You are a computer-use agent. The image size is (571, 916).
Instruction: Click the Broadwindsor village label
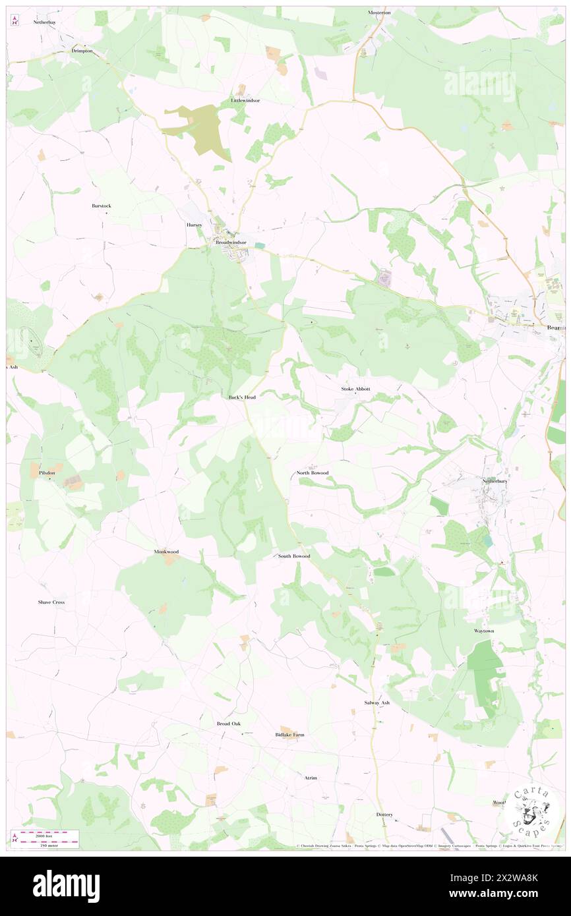point(231,243)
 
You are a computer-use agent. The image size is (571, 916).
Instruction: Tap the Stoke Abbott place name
point(355,389)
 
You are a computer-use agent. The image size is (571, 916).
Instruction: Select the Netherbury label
point(493,481)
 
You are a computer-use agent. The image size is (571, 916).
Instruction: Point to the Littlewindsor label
point(245,100)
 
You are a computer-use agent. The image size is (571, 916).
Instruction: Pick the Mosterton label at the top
point(379,13)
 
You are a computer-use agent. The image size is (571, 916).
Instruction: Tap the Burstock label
point(102,206)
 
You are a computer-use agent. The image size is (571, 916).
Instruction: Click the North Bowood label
point(312,473)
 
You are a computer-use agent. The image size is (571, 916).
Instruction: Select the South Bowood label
point(293,556)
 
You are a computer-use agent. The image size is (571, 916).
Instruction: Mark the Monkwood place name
point(166,551)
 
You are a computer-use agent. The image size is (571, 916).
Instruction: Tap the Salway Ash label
point(377,702)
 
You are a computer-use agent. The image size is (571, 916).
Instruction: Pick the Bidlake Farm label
point(289,734)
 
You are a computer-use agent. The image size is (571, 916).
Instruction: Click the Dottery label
point(384,815)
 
